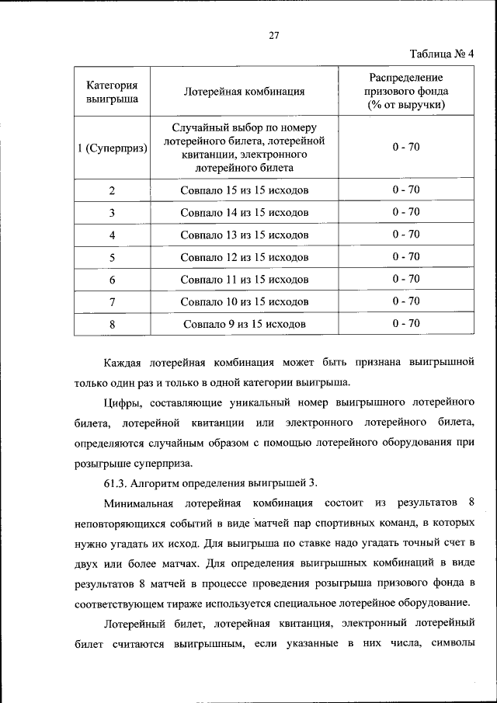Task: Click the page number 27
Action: coord(273,35)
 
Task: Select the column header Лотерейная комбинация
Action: coord(244,91)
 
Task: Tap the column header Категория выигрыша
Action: coord(112,91)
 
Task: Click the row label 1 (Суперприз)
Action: coord(113,148)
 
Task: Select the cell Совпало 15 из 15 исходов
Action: coord(244,190)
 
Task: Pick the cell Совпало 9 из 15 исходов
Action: coord(244,324)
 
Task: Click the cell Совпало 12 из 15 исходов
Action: coord(244,257)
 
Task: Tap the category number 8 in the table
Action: coord(113,324)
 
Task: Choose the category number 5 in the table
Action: coord(113,257)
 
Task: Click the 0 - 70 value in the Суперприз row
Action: coord(405,147)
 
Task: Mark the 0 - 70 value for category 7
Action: coord(405,301)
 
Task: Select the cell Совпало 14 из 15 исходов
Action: coord(244,212)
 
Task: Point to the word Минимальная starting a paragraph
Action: coord(143,503)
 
